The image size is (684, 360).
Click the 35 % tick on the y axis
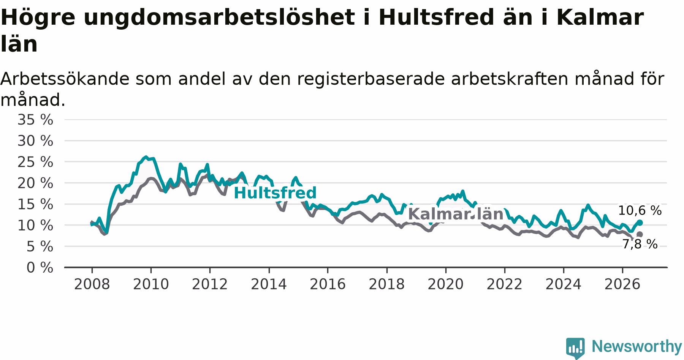(x=35, y=120)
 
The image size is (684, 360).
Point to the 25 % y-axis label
(x=35, y=162)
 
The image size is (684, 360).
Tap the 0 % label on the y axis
(x=40, y=268)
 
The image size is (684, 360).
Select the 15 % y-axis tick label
(x=35, y=204)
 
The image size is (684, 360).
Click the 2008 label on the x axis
(x=92, y=284)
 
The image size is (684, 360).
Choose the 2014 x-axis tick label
(x=269, y=284)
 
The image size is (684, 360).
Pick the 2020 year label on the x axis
(x=445, y=284)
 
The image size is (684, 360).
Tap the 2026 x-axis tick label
(x=622, y=284)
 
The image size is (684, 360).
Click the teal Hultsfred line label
(x=275, y=193)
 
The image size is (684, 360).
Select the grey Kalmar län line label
(x=456, y=214)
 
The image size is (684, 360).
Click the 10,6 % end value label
(x=640, y=210)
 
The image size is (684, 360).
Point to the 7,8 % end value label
(x=640, y=244)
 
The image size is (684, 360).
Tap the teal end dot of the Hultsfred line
(x=640, y=223)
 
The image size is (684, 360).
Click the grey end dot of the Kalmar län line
(x=640, y=234)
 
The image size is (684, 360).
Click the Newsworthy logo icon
(x=575, y=348)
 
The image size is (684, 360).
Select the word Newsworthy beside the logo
(x=637, y=346)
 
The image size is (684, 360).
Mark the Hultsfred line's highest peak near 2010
(x=146, y=157)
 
